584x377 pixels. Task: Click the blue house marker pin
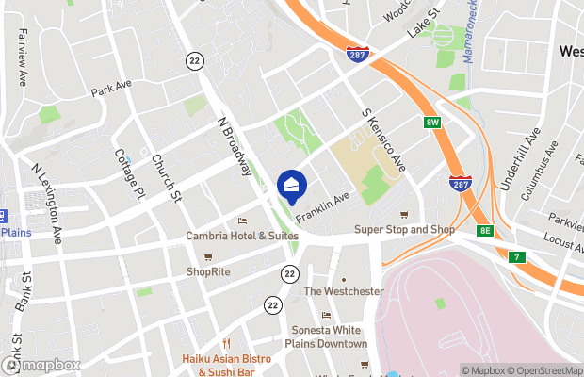click(292, 186)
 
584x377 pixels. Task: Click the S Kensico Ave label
click(384, 139)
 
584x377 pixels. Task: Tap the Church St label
click(166, 178)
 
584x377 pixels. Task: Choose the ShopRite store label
click(208, 271)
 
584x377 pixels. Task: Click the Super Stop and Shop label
click(404, 229)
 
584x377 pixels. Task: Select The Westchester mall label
click(343, 291)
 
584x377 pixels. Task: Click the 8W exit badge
click(432, 123)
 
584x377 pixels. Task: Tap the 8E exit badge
click(484, 230)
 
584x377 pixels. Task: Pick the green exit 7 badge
click(515, 256)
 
